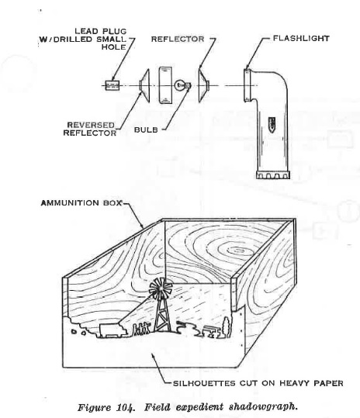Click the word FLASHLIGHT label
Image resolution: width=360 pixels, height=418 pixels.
pos(301,39)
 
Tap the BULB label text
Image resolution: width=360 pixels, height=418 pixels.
pos(146,130)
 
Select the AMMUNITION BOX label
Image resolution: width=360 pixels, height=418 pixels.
pos(81,203)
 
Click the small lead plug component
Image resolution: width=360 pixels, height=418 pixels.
pos(112,85)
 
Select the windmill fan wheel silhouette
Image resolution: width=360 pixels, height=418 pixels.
pos(161,288)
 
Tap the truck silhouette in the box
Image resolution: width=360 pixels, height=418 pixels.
pos(113,330)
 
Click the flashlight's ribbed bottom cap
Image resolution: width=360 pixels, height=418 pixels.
pos(273,175)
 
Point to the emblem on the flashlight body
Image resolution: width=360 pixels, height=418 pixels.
pos(272,125)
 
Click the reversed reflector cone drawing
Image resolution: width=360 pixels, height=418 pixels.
pos(144,85)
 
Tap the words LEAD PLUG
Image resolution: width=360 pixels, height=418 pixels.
pos(101,31)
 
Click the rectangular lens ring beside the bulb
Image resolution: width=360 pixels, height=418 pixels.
pos(165,85)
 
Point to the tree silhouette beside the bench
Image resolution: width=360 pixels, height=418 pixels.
pos(227,326)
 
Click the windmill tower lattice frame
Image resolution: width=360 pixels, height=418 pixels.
pos(161,315)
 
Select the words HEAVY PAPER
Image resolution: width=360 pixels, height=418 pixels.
pos(311,383)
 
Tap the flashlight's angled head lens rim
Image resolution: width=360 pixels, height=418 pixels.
pos(247,85)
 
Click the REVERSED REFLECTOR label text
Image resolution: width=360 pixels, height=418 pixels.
pos(90,129)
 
